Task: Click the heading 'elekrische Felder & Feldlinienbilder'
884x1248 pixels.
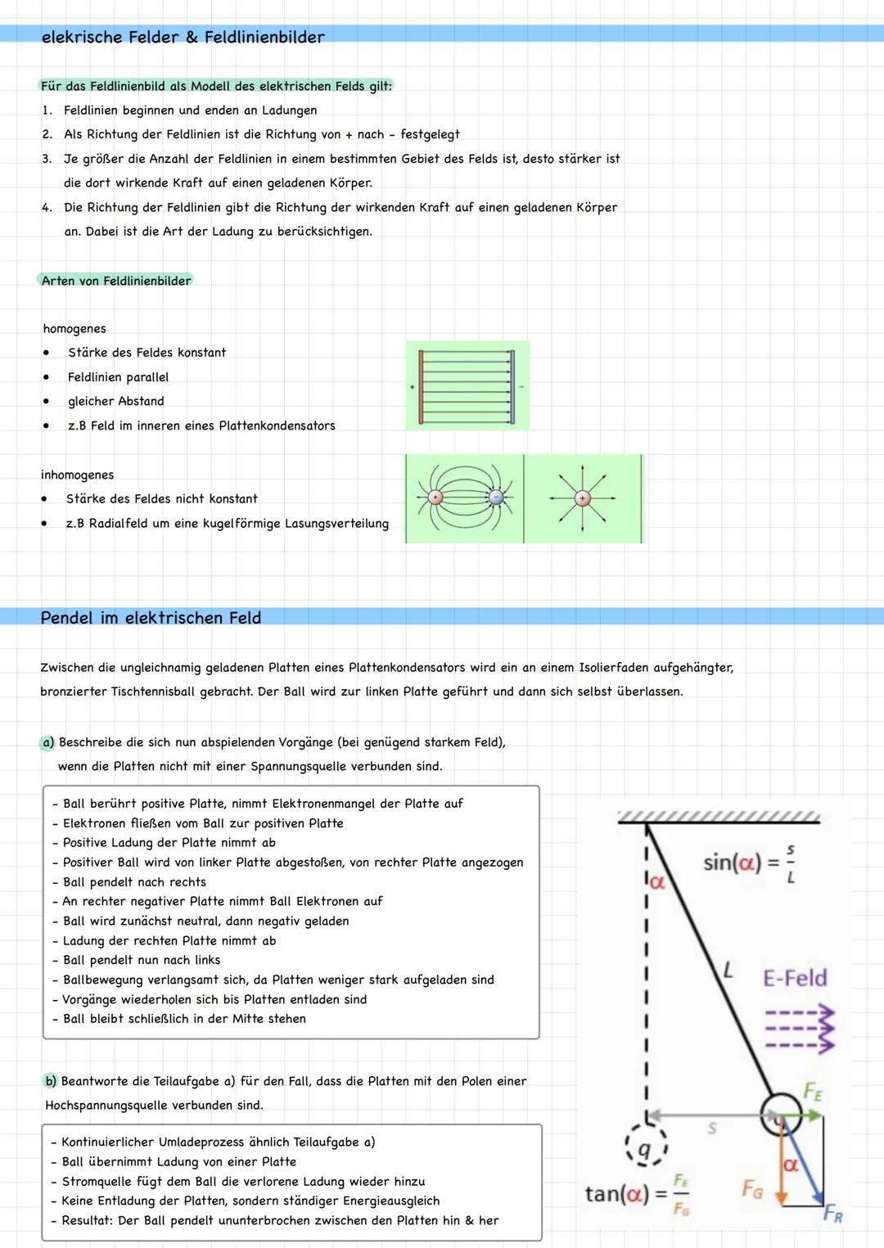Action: tap(183, 37)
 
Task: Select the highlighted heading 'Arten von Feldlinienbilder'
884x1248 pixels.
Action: tap(116, 281)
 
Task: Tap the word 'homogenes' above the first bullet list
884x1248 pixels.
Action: tap(74, 328)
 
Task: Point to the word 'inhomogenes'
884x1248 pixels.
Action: tap(78, 475)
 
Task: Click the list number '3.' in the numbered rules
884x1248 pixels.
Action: tap(47, 159)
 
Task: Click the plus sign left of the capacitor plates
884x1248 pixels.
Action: tap(413, 386)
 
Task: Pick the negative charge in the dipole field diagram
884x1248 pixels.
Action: tap(496, 498)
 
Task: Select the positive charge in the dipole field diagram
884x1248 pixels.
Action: tap(435, 498)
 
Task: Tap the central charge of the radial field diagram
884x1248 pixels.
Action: tap(582, 498)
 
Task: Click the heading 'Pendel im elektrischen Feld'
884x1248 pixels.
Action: tap(151, 618)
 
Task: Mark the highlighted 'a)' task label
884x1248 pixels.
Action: tap(47, 742)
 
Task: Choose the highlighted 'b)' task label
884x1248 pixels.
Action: tap(51, 1081)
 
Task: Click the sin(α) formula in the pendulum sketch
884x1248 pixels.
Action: tap(750, 863)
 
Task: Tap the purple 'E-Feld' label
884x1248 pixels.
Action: tap(795, 978)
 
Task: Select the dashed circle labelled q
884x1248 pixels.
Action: tap(645, 1151)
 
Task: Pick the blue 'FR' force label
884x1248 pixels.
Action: tap(832, 1213)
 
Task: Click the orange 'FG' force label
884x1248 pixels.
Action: tap(752, 1188)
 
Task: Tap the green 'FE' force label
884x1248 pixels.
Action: tap(813, 1091)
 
